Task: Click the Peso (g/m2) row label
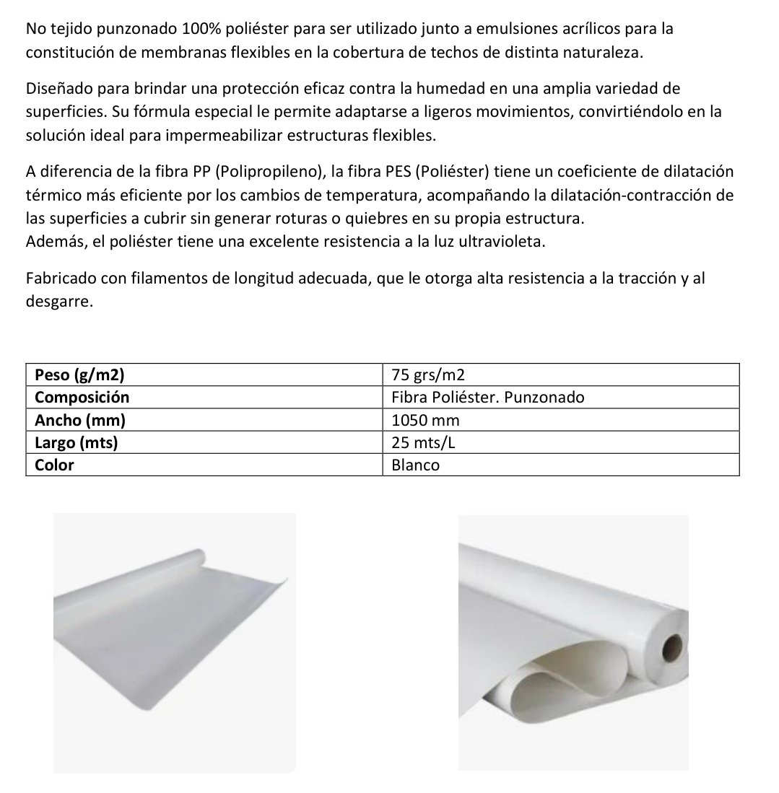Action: click(x=79, y=375)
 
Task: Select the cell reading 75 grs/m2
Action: click(x=428, y=375)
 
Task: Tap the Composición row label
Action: click(x=82, y=398)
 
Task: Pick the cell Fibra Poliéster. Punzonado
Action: click(x=487, y=398)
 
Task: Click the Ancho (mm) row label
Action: click(x=80, y=420)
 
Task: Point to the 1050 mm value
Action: click(x=425, y=420)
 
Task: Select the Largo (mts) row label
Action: click(x=77, y=442)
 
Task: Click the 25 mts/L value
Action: click(x=423, y=442)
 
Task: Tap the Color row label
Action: click(x=55, y=465)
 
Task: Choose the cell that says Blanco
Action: click(x=415, y=465)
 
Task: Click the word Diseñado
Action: click(x=56, y=89)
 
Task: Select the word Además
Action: click(x=54, y=242)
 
